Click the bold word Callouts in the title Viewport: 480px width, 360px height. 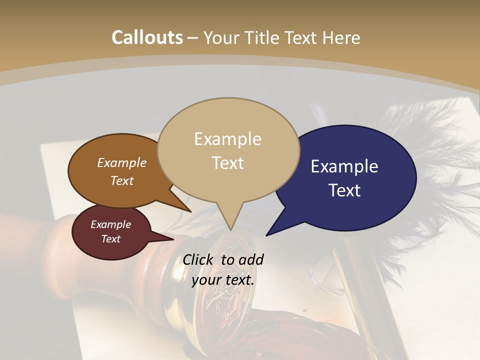147,37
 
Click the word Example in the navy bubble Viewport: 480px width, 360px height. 344,166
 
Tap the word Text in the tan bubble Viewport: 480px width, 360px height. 228,163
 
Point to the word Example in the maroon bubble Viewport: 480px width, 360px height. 110,224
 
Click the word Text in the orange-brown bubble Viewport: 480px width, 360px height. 122,180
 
